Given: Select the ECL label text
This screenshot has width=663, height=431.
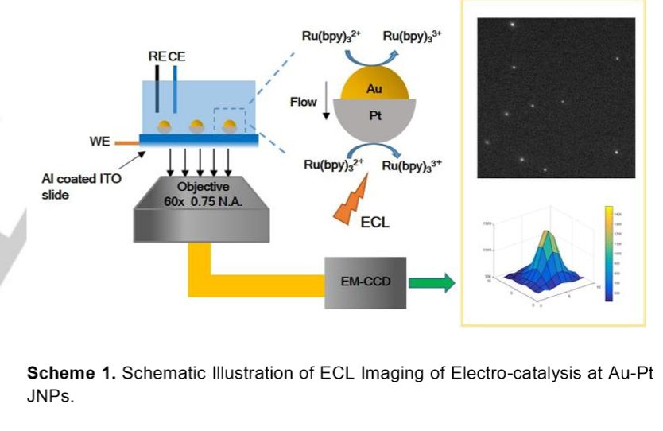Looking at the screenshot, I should pyautogui.click(x=375, y=223).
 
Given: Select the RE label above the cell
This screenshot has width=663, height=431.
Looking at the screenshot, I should pyautogui.click(x=157, y=56).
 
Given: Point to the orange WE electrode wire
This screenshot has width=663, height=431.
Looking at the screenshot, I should pyautogui.click(x=126, y=142).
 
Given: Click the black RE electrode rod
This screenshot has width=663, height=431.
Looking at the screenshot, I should pyautogui.click(x=157, y=87).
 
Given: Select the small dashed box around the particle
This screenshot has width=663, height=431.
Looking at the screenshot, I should pyautogui.click(x=231, y=122).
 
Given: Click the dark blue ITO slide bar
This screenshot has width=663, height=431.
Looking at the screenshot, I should pyautogui.click(x=198, y=140).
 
